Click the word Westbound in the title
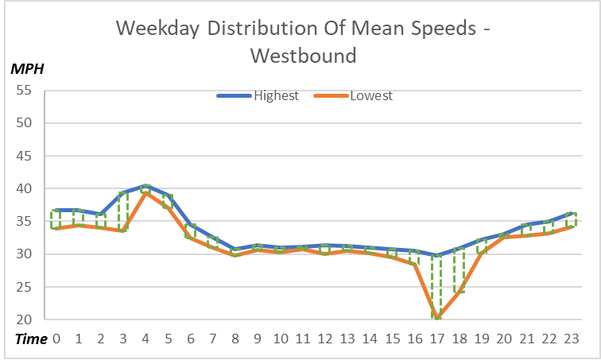point(301,56)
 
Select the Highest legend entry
point(276,96)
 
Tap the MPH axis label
point(26,68)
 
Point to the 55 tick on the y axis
point(23,91)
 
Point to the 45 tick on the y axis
point(23,157)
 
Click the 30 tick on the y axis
point(23,254)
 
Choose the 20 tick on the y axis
point(23,320)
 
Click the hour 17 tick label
point(437,339)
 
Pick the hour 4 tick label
point(145,339)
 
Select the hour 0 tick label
point(56,339)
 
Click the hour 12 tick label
point(325,339)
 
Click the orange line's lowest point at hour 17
point(437,319)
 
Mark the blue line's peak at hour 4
point(145,186)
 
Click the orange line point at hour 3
point(123,230)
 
